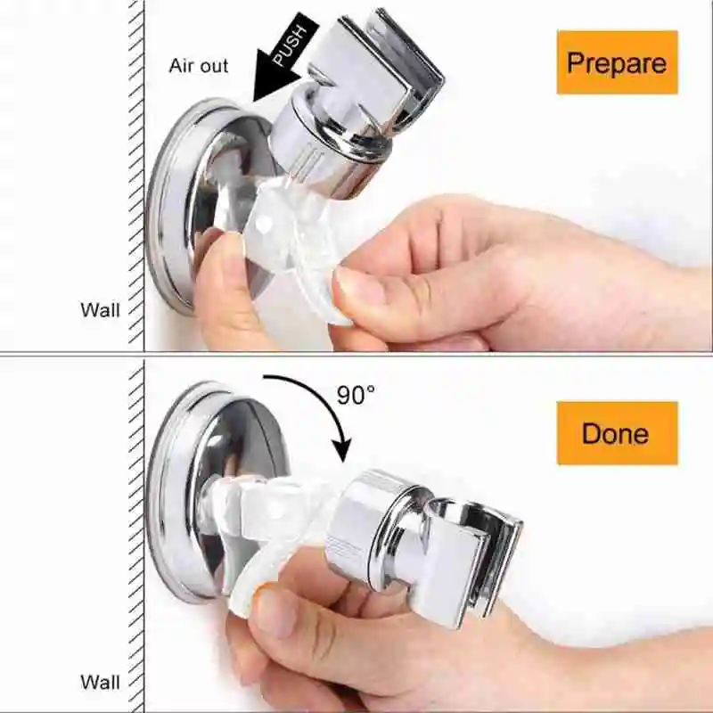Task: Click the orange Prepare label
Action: click(x=617, y=62)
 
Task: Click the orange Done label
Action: click(x=617, y=433)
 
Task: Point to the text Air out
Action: click(x=199, y=66)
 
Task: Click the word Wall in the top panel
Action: click(x=100, y=310)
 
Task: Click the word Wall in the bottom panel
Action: click(x=100, y=683)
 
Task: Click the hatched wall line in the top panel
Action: click(x=136, y=178)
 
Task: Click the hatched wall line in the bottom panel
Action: click(x=136, y=535)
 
